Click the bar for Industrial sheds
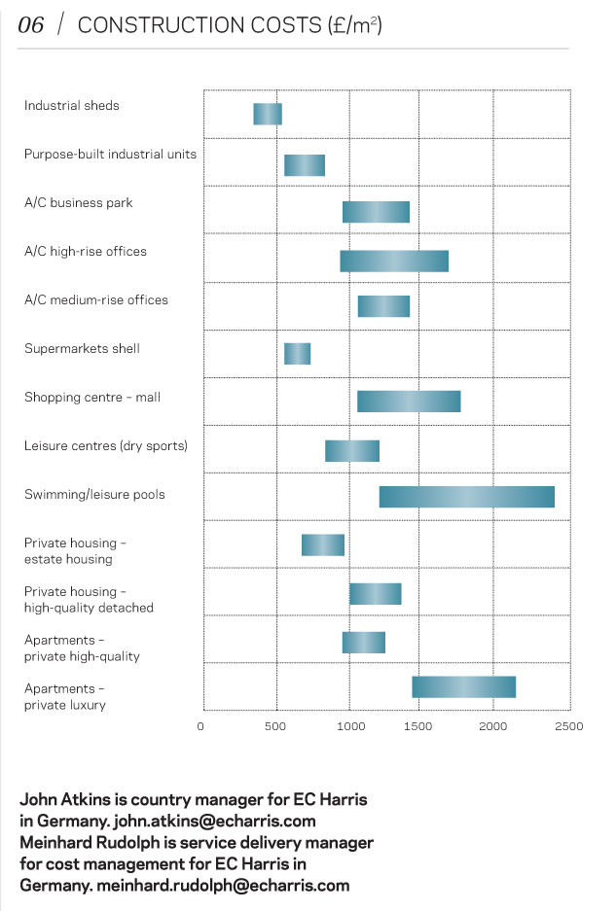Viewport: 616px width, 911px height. (268, 114)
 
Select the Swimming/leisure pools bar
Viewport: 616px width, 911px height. (466, 496)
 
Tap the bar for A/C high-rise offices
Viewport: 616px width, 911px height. (394, 261)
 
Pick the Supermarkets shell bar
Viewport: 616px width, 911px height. (297, 354)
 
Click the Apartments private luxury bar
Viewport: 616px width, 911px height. (463, 686)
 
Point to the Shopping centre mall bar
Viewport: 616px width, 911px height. (409, 401)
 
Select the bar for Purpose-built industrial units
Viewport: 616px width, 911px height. (304, 165)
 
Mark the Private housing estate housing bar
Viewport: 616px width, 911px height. (322, 544)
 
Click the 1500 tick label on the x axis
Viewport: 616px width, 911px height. (422, 726)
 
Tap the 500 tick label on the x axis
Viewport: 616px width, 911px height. (276, 726)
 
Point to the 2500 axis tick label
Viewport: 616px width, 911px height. (568, 726)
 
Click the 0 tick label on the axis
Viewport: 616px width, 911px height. (202, 726)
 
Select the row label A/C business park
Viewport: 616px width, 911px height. (79, 203)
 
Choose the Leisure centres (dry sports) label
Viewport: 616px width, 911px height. (106, 446)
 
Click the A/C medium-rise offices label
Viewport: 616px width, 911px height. (96, 300)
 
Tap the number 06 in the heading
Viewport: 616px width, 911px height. (31, 26)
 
